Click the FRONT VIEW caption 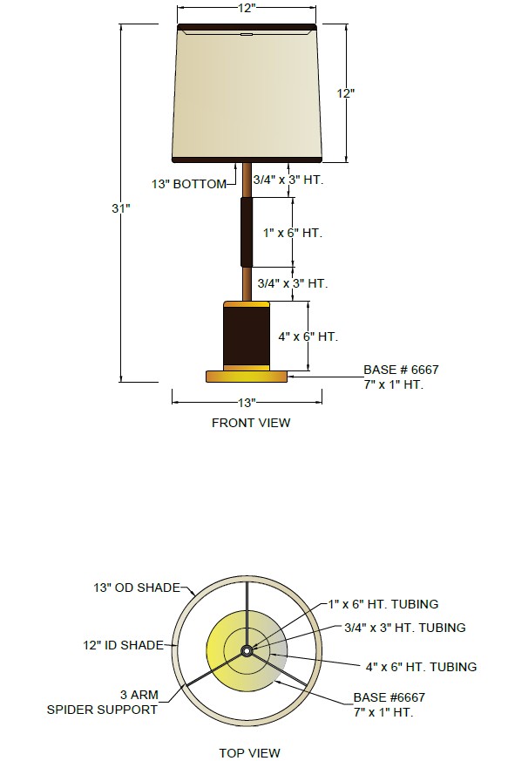251,423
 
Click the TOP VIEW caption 249,753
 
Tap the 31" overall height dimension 121,208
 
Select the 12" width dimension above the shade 247,8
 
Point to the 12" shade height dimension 346,93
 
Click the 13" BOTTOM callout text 189,185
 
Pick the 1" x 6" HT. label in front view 293,233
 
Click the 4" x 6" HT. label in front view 308,336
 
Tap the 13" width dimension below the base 247,403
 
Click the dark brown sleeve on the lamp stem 247,232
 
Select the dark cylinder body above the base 247,336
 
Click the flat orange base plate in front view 247,376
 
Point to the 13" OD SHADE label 137,588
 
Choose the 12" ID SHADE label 123,645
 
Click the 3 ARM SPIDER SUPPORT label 102,702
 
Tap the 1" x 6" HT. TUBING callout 383,604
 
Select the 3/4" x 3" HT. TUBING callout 405,628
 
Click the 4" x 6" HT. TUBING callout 421,667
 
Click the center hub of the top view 247,651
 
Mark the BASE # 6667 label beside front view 401,370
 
